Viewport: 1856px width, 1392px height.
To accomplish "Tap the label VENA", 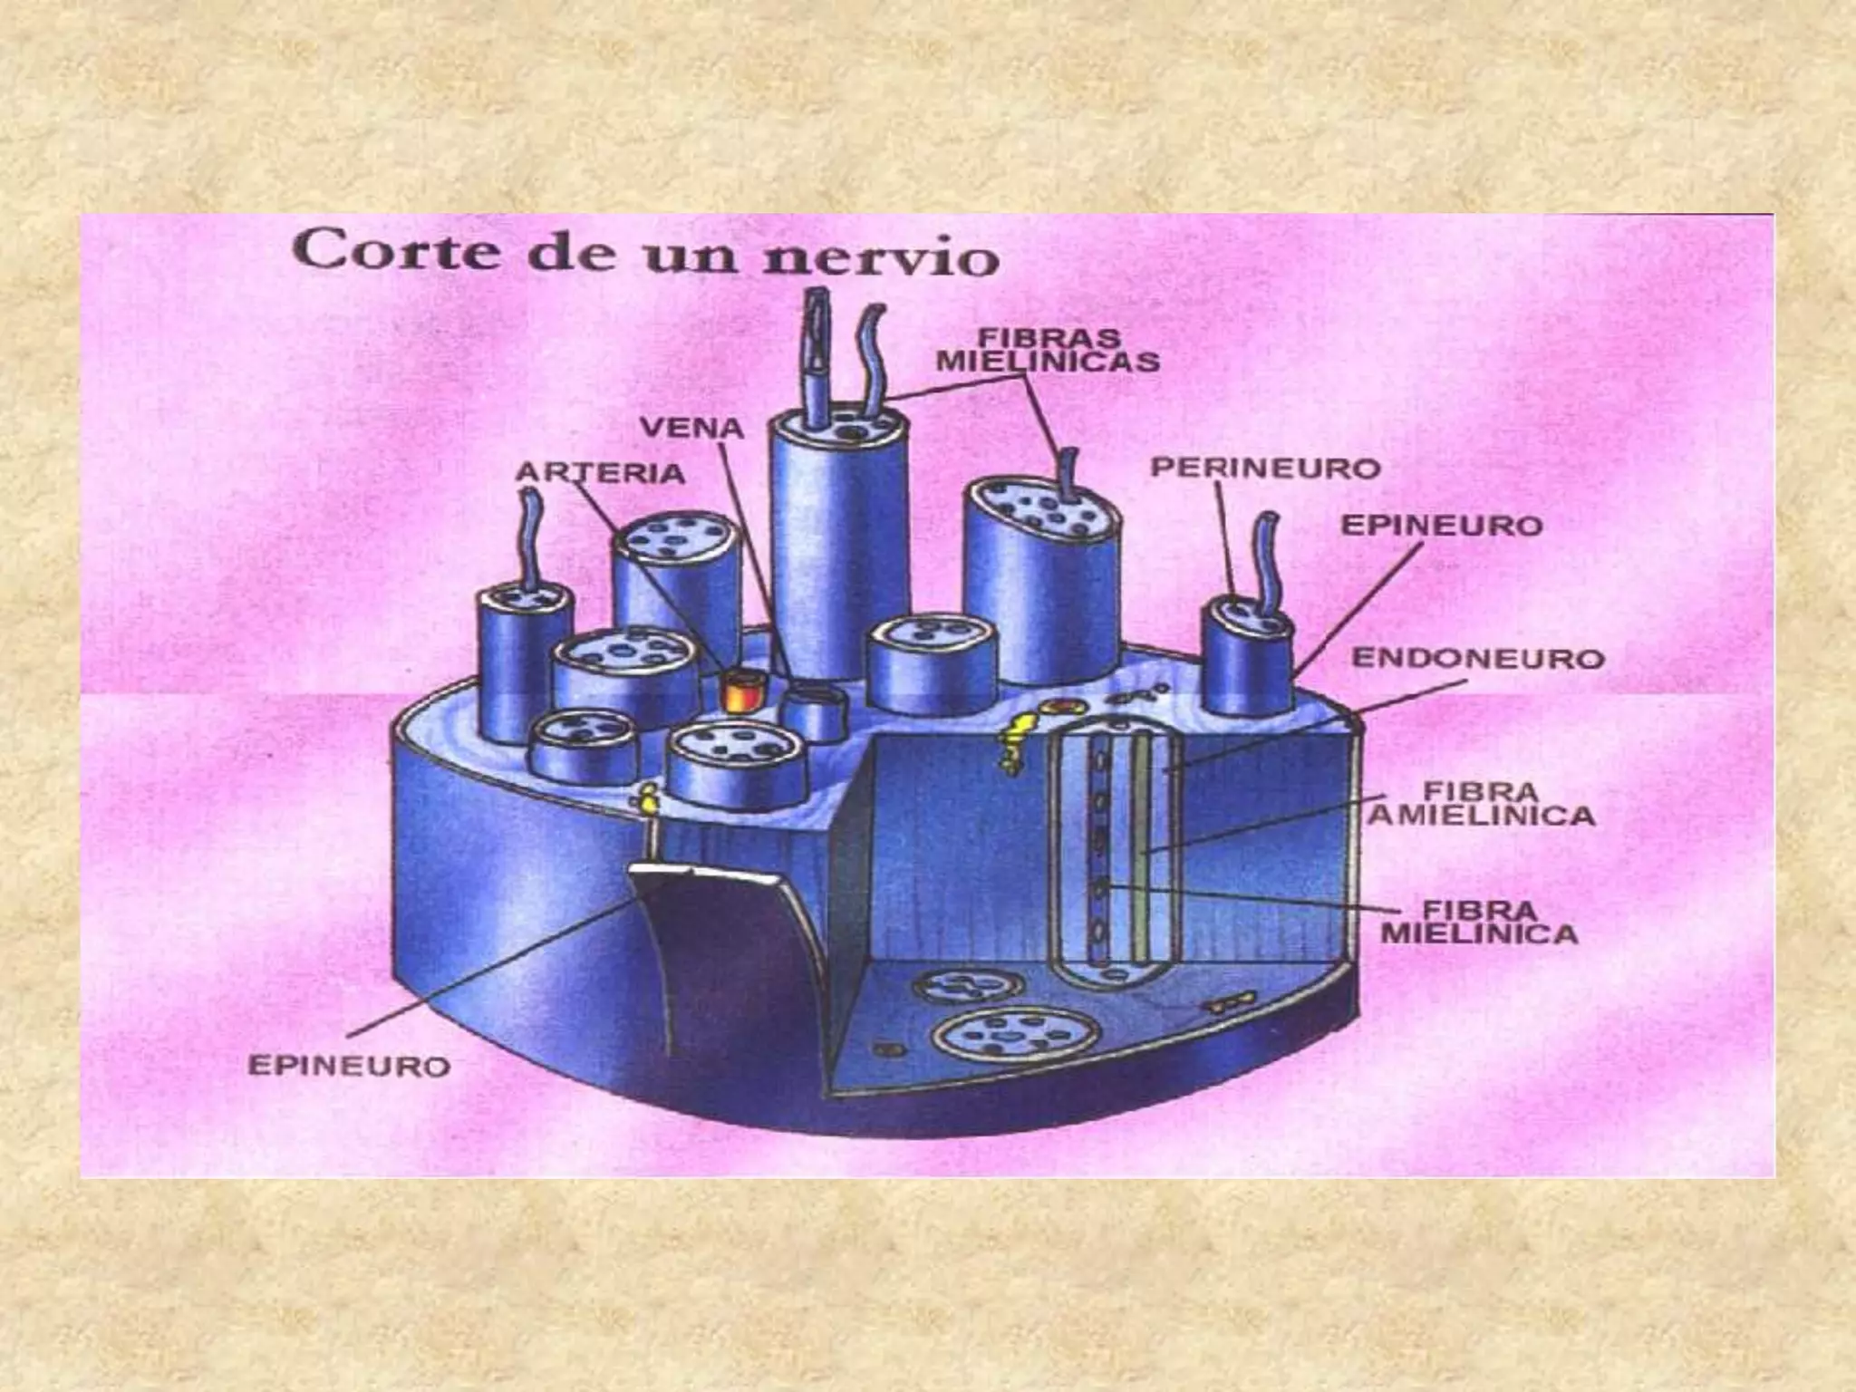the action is pos(691,429).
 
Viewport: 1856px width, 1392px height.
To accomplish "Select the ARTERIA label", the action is pos(600,472).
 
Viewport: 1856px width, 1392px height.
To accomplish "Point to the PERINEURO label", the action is pos(1264,469).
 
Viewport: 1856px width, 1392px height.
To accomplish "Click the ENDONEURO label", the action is pos(1477,658).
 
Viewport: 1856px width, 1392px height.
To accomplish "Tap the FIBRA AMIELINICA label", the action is pos(1481,803).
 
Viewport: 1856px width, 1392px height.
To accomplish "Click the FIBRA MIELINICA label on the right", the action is pos(1479,921).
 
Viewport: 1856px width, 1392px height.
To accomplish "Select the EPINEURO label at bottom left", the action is pos(349,1066).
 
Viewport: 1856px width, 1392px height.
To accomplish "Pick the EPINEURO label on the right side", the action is pos(1441,526).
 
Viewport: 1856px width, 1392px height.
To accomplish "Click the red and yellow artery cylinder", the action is pos(739,691).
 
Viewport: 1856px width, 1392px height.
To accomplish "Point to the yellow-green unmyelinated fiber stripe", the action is pos(1143,843).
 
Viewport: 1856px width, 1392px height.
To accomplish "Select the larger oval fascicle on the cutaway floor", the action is pos(1018,1034).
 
